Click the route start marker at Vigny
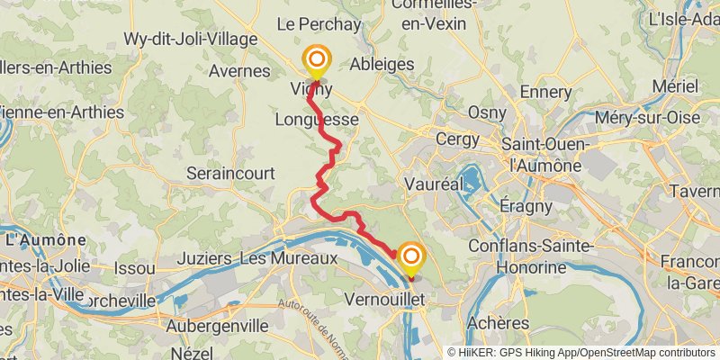click(316, 60)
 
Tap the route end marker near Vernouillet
click(411, 258)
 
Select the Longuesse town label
click(318, 119)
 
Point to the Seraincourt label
click(229, 172)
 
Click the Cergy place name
click(457, 139)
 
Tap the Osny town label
click(487, 112)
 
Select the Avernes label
click(239, 70)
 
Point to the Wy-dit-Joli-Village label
click(191, 40)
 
